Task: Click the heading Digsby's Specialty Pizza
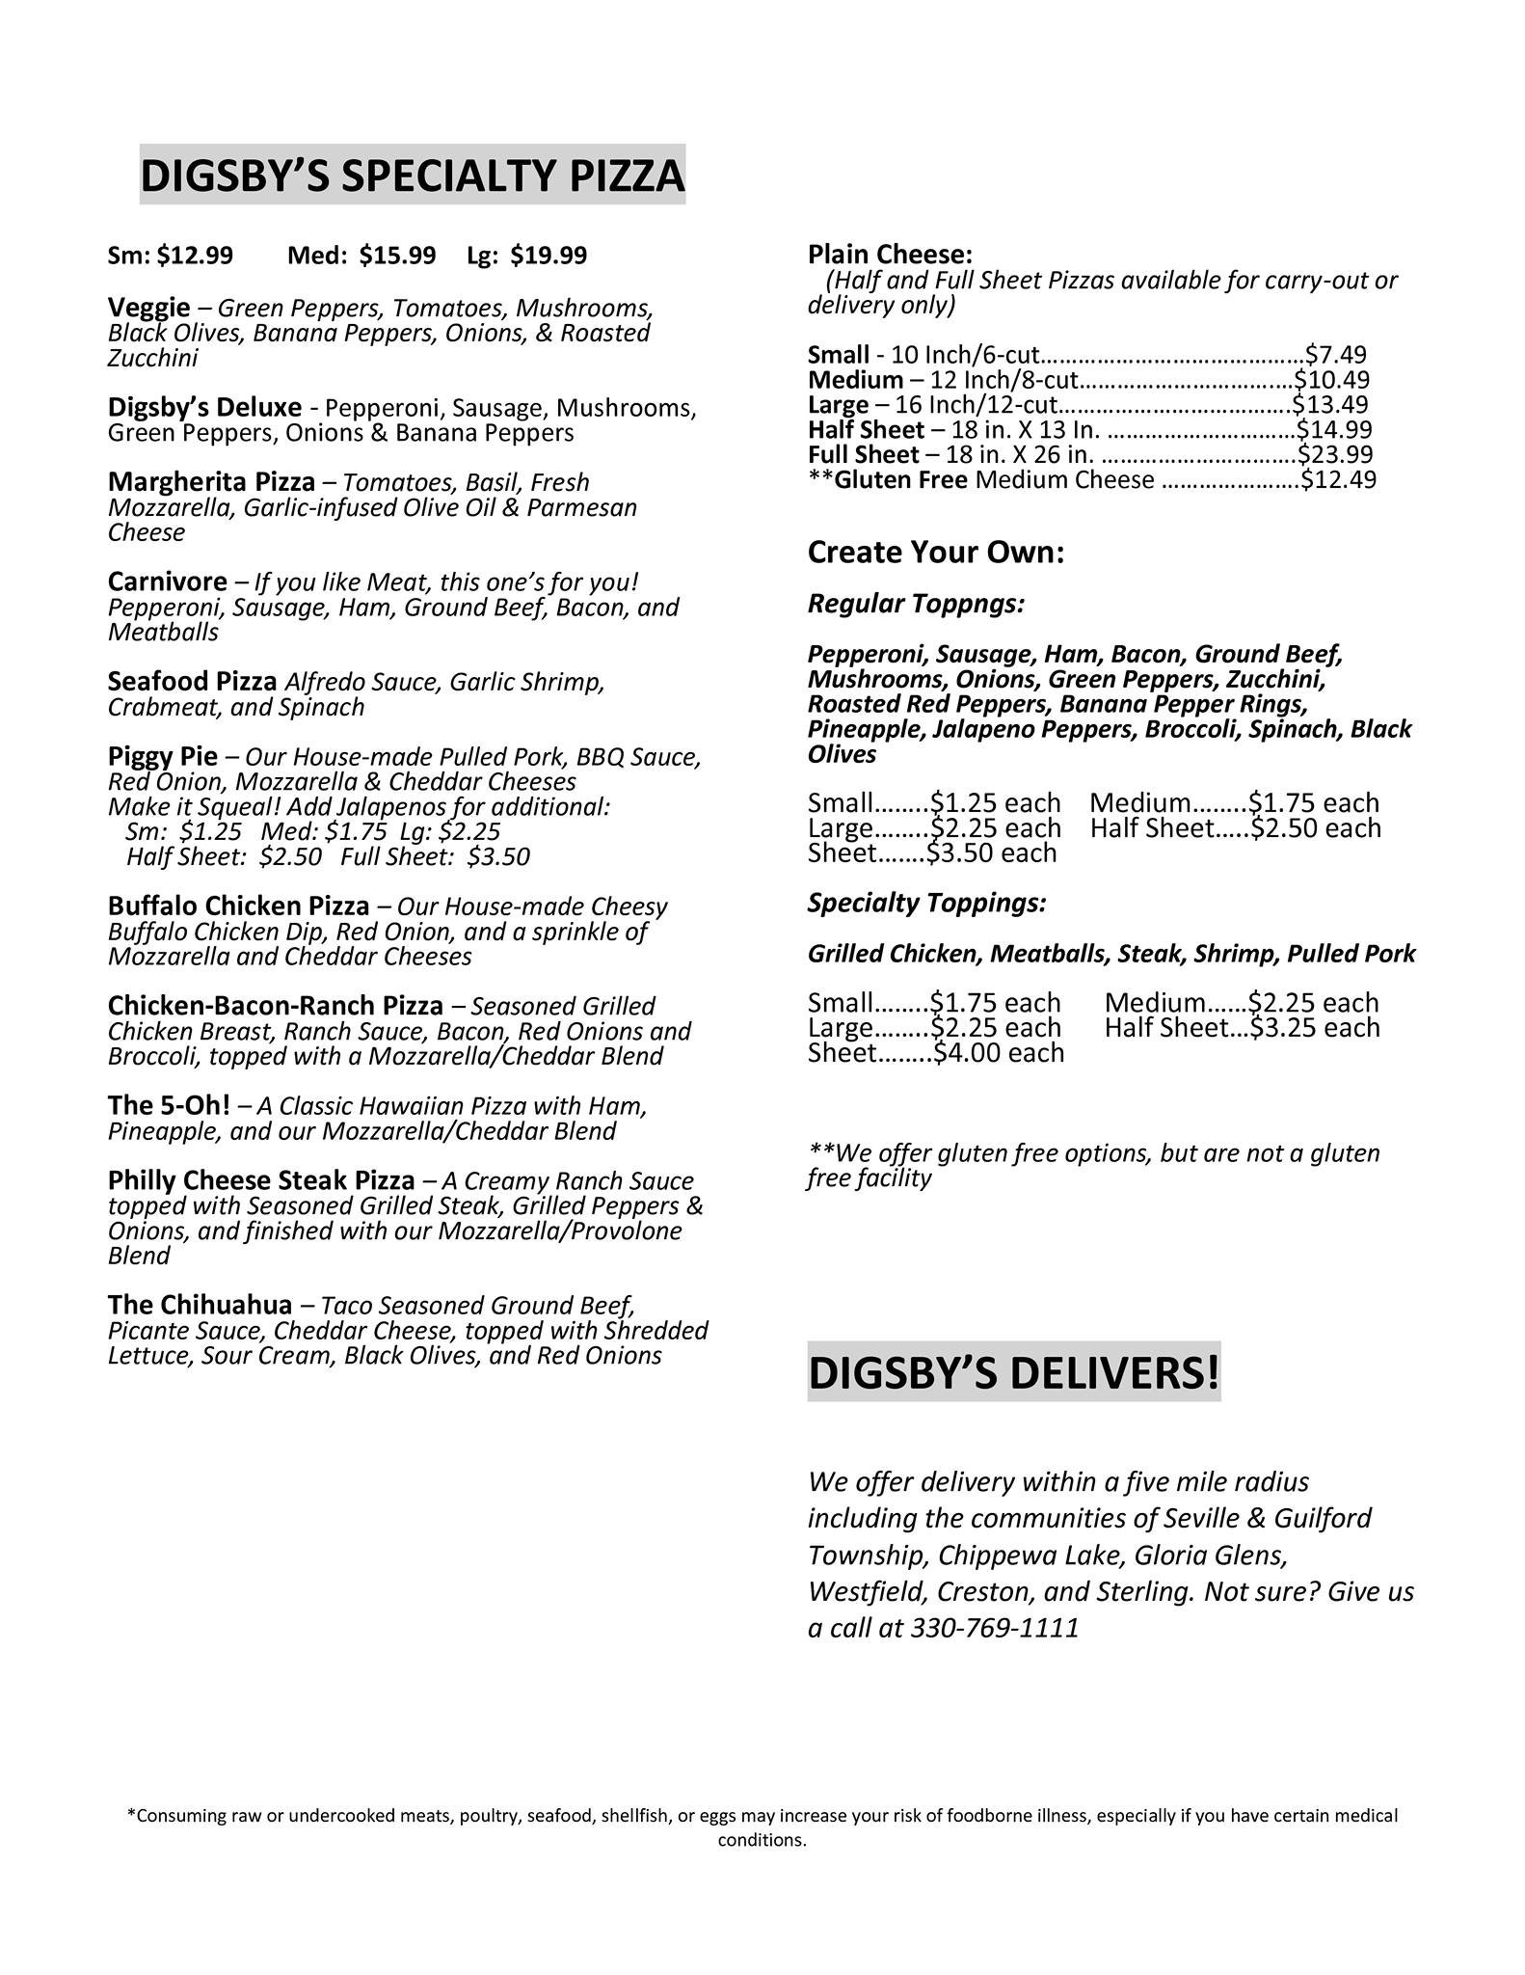pyautogui.click(x=413, y=176)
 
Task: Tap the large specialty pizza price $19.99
pyautogui.click(x=548, y=256)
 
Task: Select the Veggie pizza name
pyautogui.click(x=149, y=308)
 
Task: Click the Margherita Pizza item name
pyautogui.click(x=211, y=482)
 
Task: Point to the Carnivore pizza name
pyautogui.click(x=168, y=582)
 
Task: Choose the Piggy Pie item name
pyautogui.click(x=163, y=756)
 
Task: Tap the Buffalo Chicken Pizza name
pyautogui.click(x=238, y=906)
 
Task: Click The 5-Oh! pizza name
pyautogui.click(x=169, y=1105)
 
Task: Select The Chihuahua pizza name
pyautogui.click(x=200, y=1305)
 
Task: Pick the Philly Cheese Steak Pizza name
pyautogui.click(x=261, y=1180)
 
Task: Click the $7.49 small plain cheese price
pyautogui.click(x=1336, y=356)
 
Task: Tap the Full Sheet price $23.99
pyautogui.click(x=1335, y=455)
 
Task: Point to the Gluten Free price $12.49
pyautogui.click(x=1339, y=480)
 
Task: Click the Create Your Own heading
pyautogui.click(x=936, y=553)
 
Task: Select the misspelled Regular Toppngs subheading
pyautogui.click(x=916, y=605)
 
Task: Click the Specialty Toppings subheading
pyautogui.click(x=926, y=904)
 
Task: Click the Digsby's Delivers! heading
pyautogui.click(x=1014, y=1372)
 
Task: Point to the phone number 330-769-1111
pyautogui.click(x=995, y=1629)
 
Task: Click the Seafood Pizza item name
pyautogui.click(x=193, y=682)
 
